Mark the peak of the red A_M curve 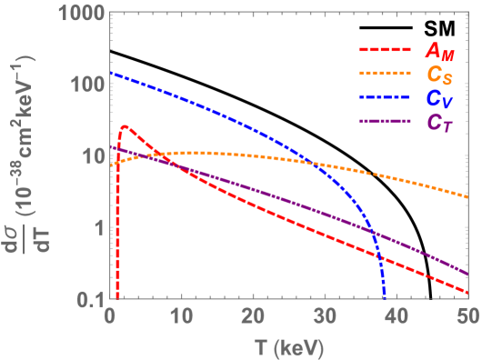point(125,126)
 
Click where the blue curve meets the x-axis point(384,296)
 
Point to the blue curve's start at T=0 point(111,73)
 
